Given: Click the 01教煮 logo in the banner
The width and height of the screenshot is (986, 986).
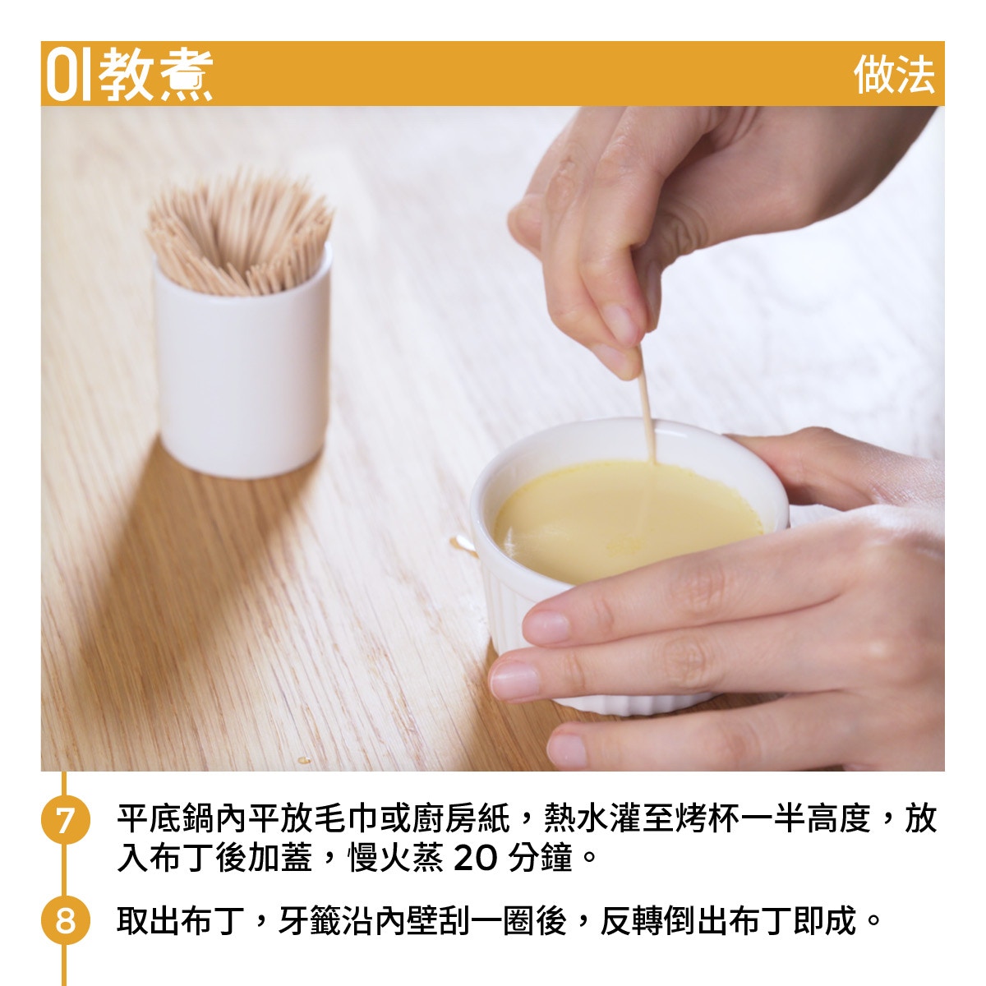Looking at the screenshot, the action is tap(130, 74).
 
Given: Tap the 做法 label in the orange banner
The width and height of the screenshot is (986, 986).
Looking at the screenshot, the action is tap(895, 75).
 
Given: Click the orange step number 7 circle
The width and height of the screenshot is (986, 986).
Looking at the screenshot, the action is tap(66, 820).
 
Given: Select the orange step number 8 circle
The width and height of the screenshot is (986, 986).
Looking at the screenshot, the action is tap(66, 920).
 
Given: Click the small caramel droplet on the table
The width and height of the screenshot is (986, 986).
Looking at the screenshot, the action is tap(304, 760).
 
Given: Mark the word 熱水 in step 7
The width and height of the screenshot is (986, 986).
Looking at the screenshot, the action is tap(576, 818).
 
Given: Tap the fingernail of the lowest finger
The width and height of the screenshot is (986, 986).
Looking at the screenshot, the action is tap(566, 750).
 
